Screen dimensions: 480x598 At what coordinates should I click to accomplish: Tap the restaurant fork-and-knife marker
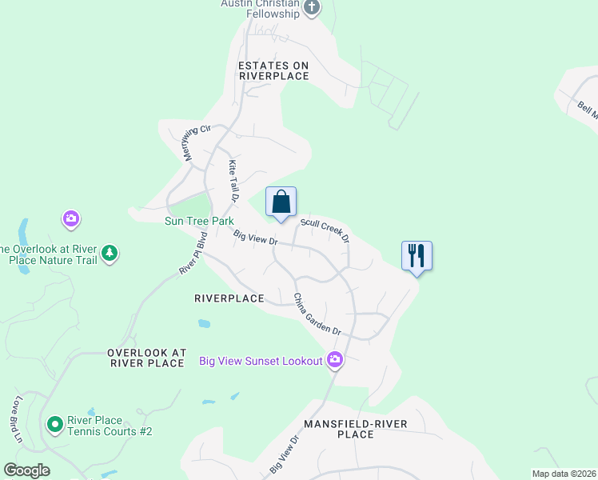click(417, 255)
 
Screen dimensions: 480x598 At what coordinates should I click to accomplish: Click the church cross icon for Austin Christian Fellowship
click(312, 9)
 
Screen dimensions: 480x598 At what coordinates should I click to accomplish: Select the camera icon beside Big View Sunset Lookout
click(335, 361)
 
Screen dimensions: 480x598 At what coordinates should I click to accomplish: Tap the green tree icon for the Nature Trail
click(110, 254)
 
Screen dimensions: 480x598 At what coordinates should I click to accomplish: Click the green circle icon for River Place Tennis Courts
click(54, 424)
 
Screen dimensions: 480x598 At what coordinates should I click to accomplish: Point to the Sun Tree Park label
click(199, 220)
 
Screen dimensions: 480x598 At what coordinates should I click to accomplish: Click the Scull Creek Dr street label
click(325, 229)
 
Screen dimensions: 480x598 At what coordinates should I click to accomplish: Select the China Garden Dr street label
click(317, 315)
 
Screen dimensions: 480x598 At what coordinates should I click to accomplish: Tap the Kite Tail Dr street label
click(233, 179)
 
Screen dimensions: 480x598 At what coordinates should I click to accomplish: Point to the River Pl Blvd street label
click(193, 253)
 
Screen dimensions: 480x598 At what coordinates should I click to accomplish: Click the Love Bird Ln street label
click(16, 419)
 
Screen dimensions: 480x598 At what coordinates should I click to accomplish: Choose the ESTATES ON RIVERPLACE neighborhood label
click(274, 70)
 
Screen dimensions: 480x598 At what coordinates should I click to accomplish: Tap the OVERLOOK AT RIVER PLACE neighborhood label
click(146, 358)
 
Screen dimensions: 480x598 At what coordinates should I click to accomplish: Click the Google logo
click(26, 470)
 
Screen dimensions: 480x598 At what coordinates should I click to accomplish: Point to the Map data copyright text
click(564, 474)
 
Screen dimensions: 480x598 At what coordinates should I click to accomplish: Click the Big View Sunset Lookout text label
click(260, 361)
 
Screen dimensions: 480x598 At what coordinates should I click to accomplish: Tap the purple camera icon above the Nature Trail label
click(71, 218)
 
